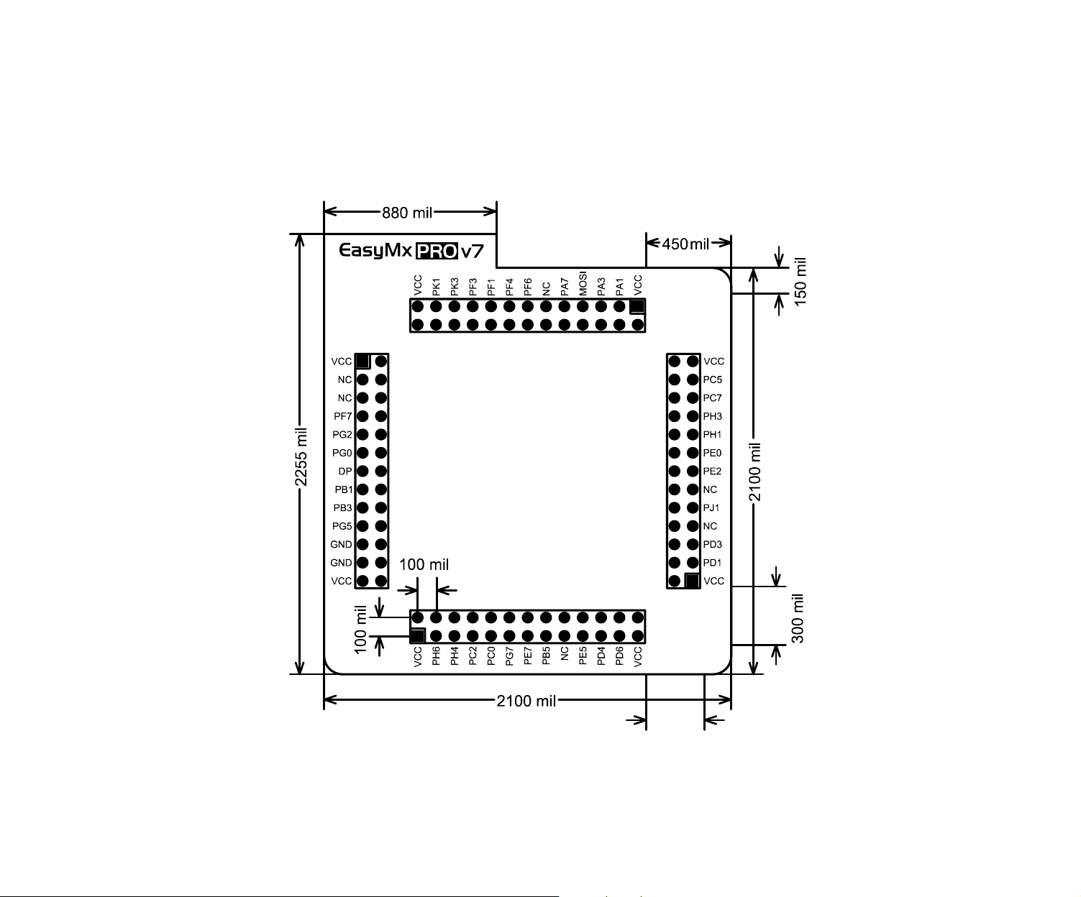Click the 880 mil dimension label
click(x=407, y=213)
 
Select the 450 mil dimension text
click(x=685, y=244)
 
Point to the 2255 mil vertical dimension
click(x=301, y=457)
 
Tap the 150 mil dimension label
click(x=801, y=282)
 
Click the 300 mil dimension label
click(x=798, y=618)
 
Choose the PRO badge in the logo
click(x=437, y=251)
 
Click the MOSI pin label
click(x=583, y=283)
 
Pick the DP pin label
click(x=345, y=471)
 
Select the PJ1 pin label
click(x=711, y=508)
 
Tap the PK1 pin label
click(x=436, y=287)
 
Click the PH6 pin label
click(x=436, y=656)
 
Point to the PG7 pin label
click(x=509, y=656)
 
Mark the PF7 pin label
click(x=343, y=416)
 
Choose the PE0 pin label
click(x=712, y=453)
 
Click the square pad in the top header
click(x=637, y=306)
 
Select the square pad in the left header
click(x=362, y=361)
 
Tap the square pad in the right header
click(x=692, y=581)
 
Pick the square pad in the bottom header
click(x=417, y=636)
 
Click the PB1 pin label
click(x=343, y=490)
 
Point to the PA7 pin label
click(x=565, y=287)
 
